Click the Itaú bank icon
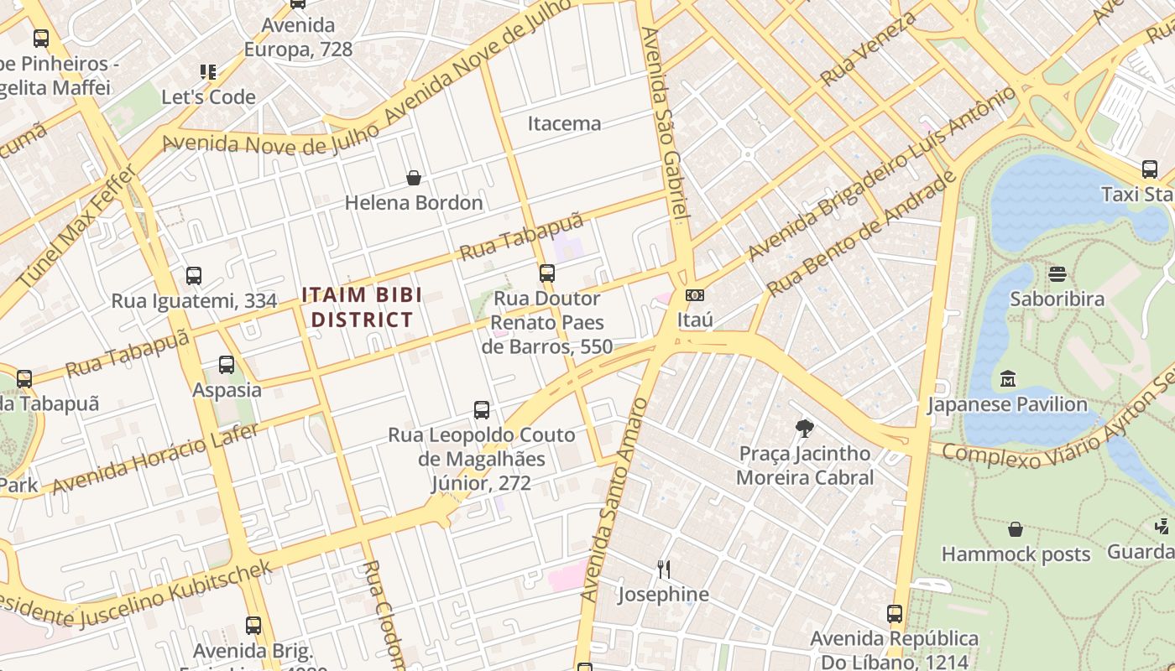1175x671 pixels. (694, 295)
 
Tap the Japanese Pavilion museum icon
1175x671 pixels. (1007, 379)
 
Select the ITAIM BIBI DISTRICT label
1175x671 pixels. (362, 307)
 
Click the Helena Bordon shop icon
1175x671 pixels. (414, 178)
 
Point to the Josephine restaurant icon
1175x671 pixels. (664, 570)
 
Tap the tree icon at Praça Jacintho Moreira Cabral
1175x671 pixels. (804, 429)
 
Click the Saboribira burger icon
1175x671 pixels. (1057, 274)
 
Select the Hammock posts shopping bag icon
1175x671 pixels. (1016, 529)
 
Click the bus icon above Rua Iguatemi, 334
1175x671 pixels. (194, 275)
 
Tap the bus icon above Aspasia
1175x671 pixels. (227, 365)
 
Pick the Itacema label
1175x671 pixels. (564, 123)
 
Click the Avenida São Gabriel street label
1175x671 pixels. (666, 122)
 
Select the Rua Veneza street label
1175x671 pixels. (869, 48)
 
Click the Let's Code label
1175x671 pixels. (208, 96)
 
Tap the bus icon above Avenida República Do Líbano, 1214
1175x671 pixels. (895, 614)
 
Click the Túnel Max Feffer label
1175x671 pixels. (77, 226)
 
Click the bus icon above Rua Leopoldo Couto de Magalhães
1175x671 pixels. (482, 410)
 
